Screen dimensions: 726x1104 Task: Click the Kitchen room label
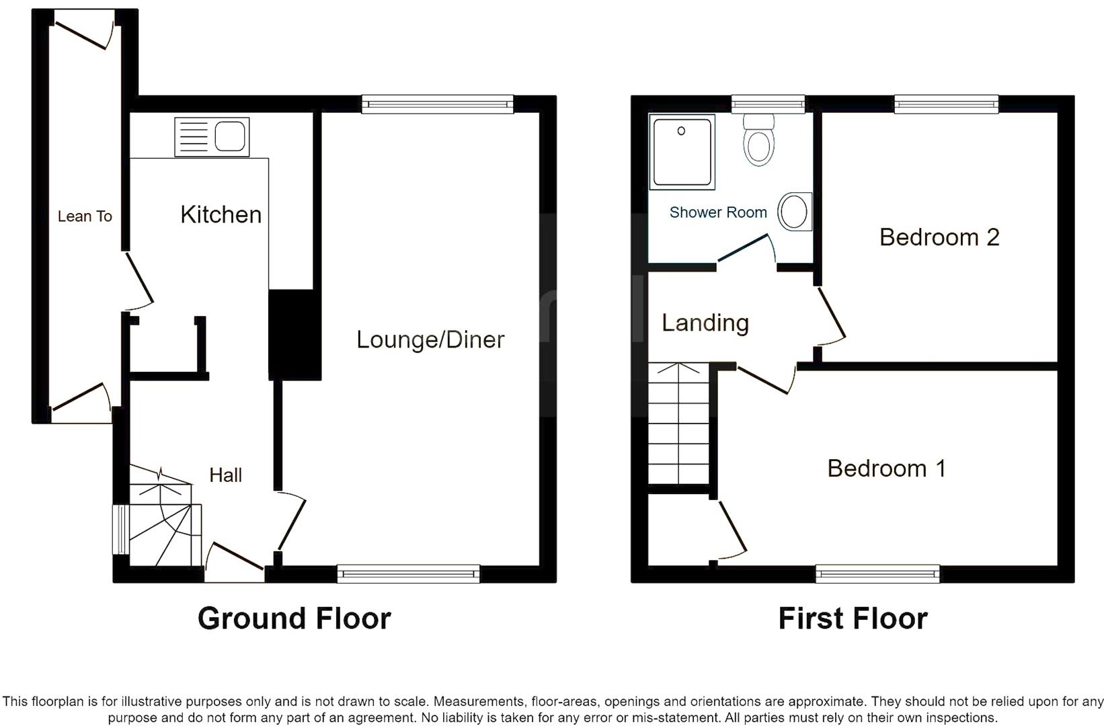221,214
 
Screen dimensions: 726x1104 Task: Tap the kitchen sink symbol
212,137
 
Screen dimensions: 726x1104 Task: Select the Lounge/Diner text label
430,339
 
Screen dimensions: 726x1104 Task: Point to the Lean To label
85,216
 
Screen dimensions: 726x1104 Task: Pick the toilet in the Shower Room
759,140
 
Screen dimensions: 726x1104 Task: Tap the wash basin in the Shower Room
795,212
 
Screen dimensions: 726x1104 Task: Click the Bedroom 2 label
939,237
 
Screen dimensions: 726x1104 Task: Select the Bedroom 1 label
886,468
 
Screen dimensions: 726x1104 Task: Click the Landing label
705,323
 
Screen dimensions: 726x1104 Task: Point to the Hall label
225,475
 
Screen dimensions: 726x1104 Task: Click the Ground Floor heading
294,618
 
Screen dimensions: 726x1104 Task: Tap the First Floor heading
853,618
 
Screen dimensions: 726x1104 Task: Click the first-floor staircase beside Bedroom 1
679,424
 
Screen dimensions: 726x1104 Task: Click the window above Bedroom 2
946,103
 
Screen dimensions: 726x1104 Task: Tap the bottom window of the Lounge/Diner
408,574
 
